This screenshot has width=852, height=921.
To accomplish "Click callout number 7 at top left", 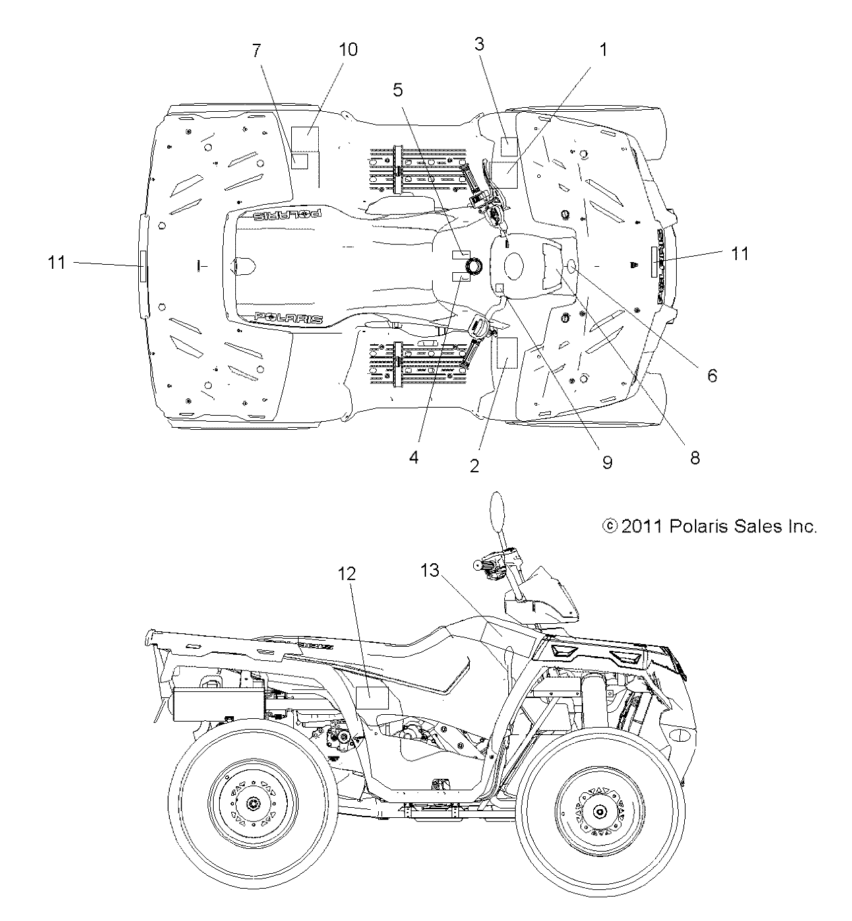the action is coord(256,50).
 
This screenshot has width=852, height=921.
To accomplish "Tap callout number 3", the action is coord(479,44).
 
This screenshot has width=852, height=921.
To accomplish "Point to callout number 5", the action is coord(398,88).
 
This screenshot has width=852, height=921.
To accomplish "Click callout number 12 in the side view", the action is coord(347,573).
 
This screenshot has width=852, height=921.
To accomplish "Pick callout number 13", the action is coord(429,571).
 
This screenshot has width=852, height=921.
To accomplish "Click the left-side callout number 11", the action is coord(57,263).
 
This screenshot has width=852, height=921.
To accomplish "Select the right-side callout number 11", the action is coord(740,253).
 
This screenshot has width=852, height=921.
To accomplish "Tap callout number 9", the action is coord(607,462).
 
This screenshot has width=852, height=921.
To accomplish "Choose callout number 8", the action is coord(695,458).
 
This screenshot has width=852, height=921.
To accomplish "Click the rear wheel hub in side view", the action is coord(253,804).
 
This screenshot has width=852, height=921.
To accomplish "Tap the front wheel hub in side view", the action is coord(601,804).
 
